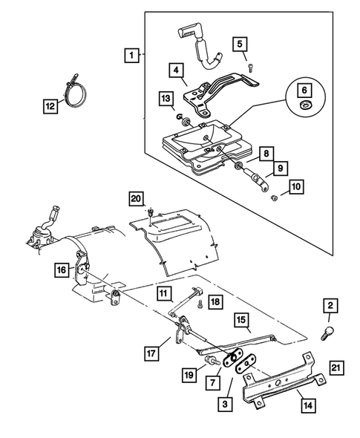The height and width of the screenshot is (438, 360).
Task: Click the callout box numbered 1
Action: pyautogui.click(x=132, y=55)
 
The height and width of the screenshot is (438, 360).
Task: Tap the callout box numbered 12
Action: pyautogui.click(x=50, y=107)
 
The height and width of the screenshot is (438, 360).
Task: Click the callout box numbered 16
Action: pyautogui.click(x=63, y=269)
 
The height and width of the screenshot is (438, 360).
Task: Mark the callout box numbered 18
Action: pyautogui.click(x=215, y=301)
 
